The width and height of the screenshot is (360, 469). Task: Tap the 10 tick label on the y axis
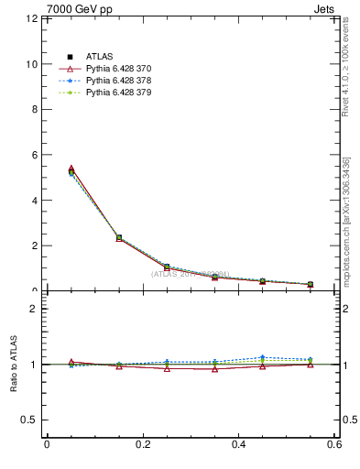tap(32, 64)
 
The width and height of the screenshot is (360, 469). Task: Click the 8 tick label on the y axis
tap(35, 110)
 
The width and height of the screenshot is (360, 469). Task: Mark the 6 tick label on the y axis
tap(35, 155)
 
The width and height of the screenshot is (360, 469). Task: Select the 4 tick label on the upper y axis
tap(35, 201)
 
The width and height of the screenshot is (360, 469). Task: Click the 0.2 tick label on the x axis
tap(142, 445)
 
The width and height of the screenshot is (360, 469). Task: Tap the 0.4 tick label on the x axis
tap(238, 445)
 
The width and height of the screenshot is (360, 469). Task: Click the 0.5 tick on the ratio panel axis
tap(30, 420)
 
